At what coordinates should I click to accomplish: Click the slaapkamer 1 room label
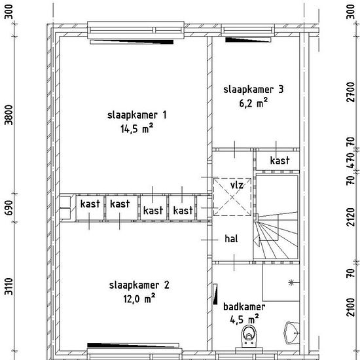pos(137,115)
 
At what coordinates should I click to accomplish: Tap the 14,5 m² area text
pos(137,128)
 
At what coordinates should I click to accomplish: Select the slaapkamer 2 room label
pos(139,285)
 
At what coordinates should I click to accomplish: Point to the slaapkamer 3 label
pos(253,90)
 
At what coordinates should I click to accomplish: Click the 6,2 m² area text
pos(253,103)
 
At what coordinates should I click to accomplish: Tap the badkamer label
pos(244,307)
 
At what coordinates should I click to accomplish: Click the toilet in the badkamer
pos(249,336)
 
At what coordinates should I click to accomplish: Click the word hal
pos(231,239)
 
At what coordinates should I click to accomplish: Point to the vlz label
pos(237,185)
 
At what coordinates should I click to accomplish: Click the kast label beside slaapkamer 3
pos(279,160)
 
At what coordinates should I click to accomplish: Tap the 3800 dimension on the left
pos(9,115)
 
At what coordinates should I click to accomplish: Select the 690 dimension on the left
pos(9,207)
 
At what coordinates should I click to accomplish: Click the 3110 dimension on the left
pos(9,286)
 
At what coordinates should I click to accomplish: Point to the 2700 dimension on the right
pos(350,92)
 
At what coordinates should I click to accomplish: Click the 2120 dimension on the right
pos(350,217)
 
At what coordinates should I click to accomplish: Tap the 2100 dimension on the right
pos(350,307)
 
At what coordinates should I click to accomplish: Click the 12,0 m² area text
pos(139,298)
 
